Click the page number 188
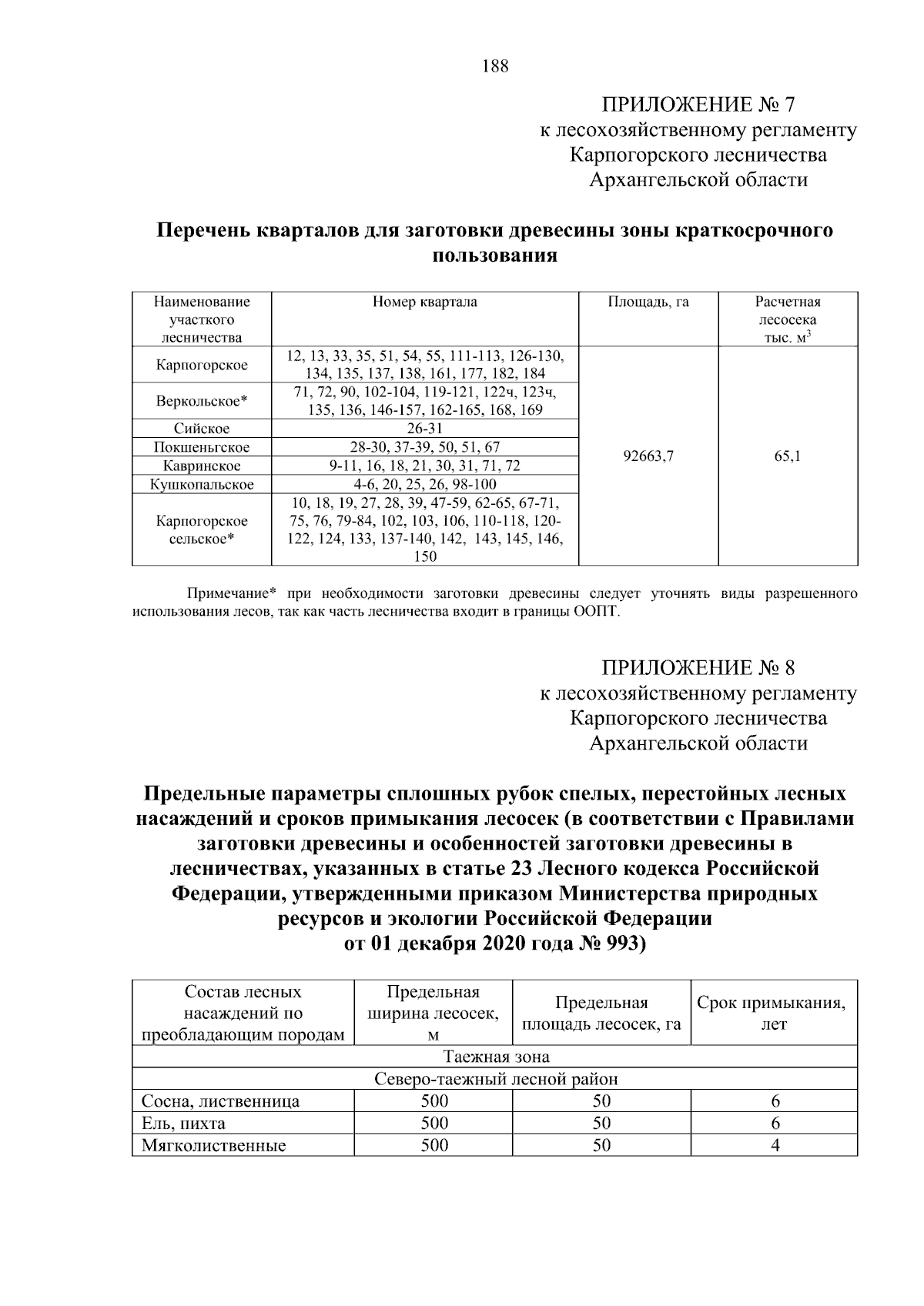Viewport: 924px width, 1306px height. [x=495, y=66]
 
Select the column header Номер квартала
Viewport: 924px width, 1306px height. [x=424, y=302]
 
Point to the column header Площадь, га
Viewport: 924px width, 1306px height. [x=648, y=302]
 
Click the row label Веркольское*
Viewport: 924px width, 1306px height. [x=202, y=401]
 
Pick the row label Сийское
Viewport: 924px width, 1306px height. [x=202, y=429]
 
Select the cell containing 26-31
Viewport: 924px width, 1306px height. [x=424, y=429]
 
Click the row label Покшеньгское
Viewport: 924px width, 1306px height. [x=202, y=447]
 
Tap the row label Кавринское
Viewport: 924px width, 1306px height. [x=202, y=466]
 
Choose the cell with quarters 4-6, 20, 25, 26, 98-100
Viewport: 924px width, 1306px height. [x=424, y=484]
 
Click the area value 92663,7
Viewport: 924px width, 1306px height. [x=648, y=456]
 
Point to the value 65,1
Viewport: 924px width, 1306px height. [x=788, y=456]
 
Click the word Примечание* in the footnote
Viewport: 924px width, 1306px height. [x=232, y=594]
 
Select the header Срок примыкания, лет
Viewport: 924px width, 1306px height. [x=774, y=1013]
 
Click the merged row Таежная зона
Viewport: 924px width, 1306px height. [x=495, y=1057]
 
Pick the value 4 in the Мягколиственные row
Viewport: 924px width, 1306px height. [x=775, y=1145]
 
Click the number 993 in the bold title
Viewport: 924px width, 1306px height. [x=622, y=944]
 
